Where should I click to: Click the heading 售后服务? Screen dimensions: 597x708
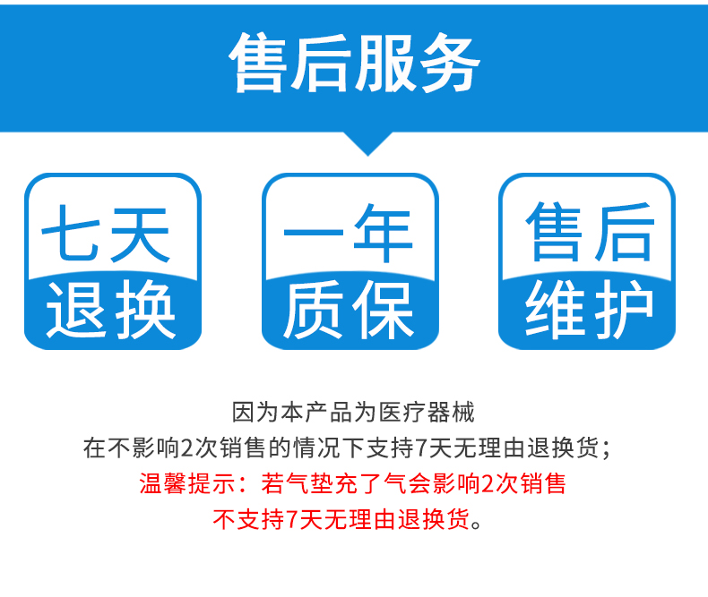[x=354, y=64]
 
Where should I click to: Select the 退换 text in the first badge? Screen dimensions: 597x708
[x=111, y=310]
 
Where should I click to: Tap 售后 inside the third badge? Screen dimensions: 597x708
[x=588, y=234]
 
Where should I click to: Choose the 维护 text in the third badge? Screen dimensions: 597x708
[x=588, y=310]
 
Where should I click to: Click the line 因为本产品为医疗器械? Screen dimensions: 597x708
[x=353, y=413]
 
